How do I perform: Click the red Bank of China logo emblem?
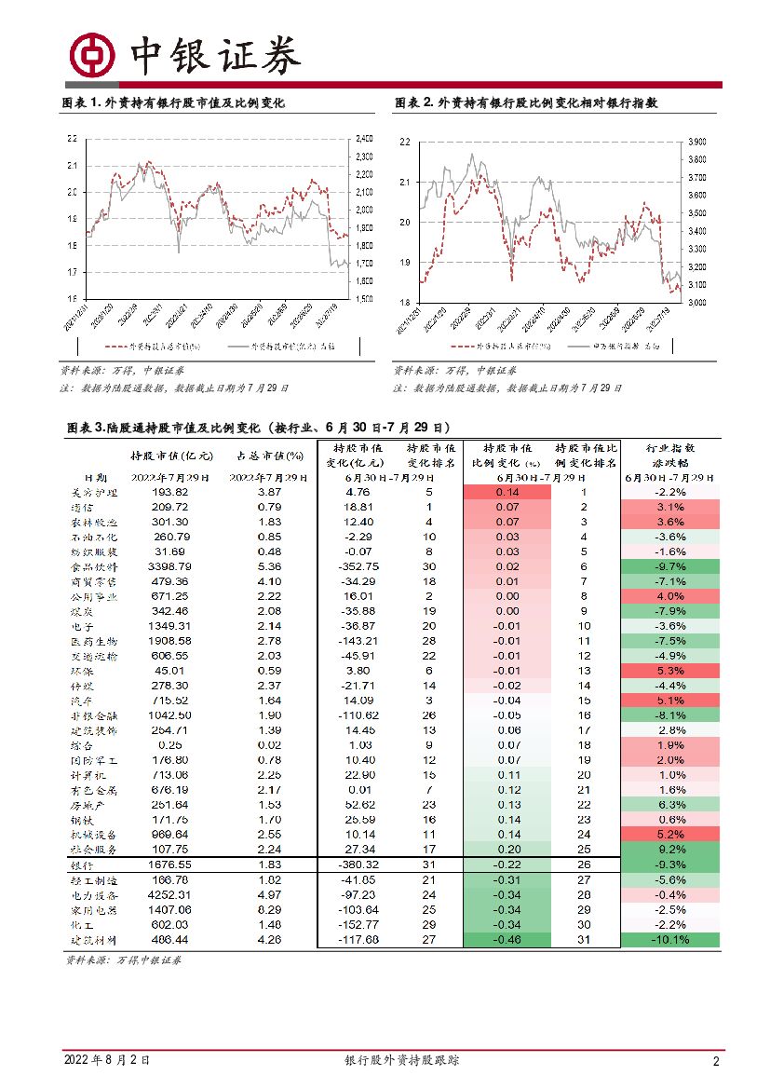[93, 56]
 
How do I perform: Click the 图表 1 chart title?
[172, 103]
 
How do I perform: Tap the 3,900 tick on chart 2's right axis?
[696, 143]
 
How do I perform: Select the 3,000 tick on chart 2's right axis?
[696, 303]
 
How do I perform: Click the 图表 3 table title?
[259, 428]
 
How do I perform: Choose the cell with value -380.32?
[358, 865]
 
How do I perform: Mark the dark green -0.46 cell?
[507, 940]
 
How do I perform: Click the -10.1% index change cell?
[669, 940]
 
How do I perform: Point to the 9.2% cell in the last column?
[670, 851]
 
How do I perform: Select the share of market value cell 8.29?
[269, 910]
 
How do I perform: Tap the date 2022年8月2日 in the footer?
[106, 1061]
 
